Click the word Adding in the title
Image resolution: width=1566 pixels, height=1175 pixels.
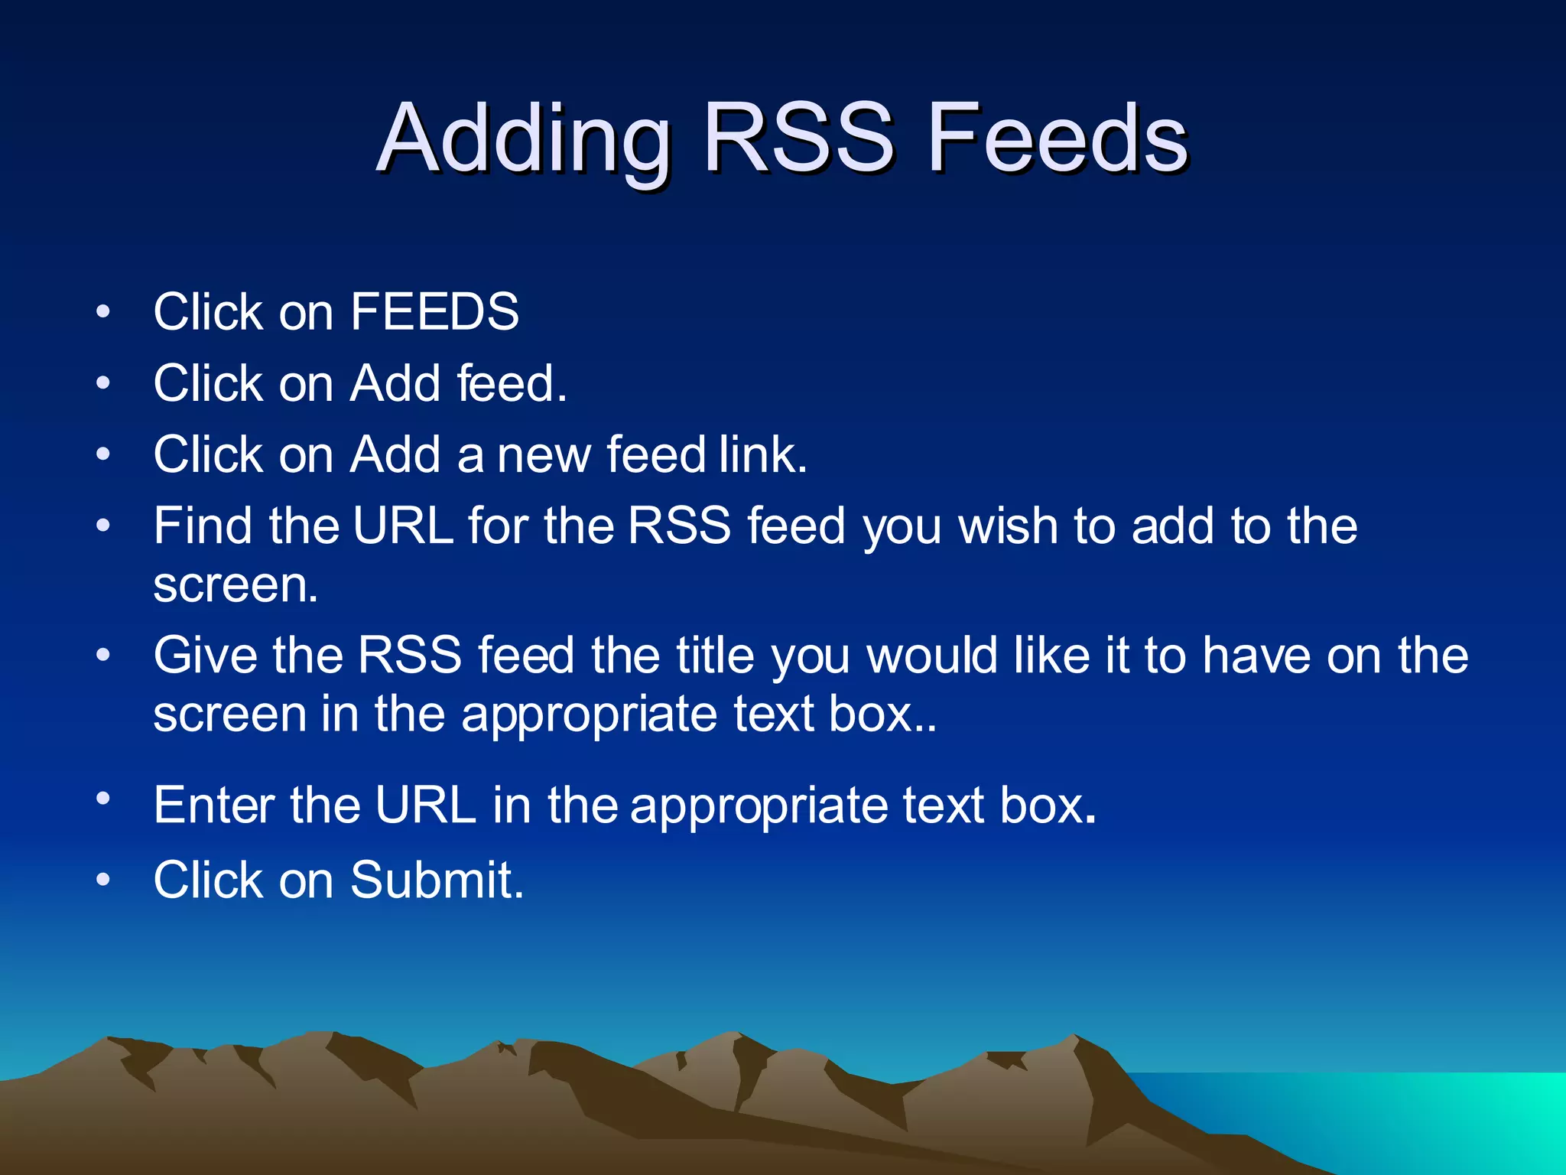(525, 139)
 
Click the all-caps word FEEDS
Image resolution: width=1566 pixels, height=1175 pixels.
(434, 312)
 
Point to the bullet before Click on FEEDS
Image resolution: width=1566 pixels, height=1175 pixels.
(104, 312)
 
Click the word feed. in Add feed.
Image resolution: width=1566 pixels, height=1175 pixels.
(512, 383)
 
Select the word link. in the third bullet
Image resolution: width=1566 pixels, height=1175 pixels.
(762, 454)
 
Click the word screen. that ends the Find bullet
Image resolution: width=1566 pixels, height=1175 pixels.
(236, 586)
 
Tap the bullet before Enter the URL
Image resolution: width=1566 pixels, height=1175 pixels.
(104, 799)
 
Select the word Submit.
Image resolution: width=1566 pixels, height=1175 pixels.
(437, 880)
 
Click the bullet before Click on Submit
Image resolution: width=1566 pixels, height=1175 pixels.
(104, 880)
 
